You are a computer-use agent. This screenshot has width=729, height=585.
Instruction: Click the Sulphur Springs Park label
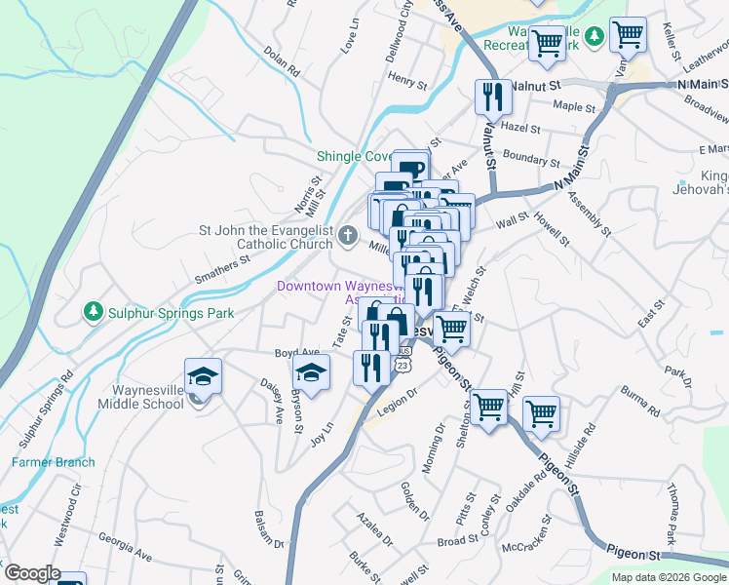point(171,313)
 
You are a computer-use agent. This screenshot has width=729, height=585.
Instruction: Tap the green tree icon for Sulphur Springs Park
point(94,312)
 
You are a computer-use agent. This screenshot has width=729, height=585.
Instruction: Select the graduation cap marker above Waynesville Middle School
point(203,377)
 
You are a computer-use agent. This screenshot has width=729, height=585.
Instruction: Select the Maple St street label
point(574,107)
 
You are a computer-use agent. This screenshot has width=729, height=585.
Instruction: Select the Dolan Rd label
point(281,65)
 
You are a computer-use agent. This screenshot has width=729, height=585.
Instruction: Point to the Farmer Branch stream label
point(54,462)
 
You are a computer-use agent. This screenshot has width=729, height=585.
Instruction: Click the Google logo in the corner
point(32,573)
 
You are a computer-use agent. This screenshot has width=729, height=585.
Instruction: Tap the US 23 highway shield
point(402,365)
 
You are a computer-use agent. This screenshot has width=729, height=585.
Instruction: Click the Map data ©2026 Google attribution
point(668,577)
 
